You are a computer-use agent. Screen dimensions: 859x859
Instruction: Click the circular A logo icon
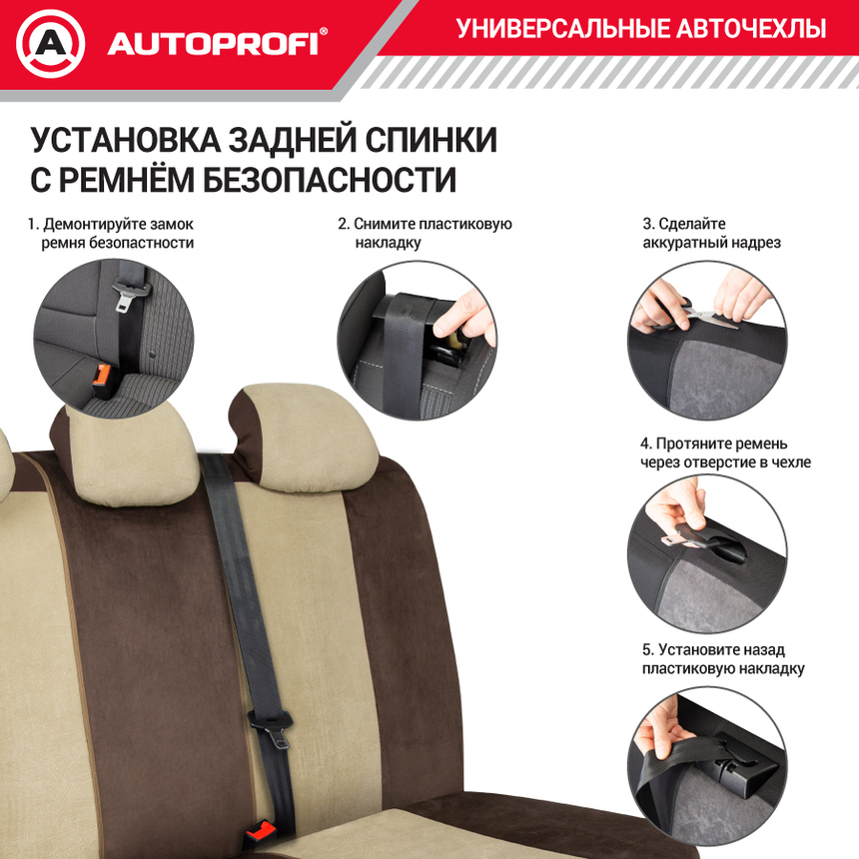51,43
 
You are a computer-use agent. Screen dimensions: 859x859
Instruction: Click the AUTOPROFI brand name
213,44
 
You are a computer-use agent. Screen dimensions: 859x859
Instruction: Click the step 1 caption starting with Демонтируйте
112,233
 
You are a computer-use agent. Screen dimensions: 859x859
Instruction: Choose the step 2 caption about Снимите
426,233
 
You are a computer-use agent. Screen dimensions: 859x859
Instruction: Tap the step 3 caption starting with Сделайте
710,233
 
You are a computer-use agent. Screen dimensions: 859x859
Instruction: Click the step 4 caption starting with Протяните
725,452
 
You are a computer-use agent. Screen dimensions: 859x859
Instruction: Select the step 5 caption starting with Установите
723,659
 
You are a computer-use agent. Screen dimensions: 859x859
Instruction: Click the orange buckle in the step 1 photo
101,375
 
